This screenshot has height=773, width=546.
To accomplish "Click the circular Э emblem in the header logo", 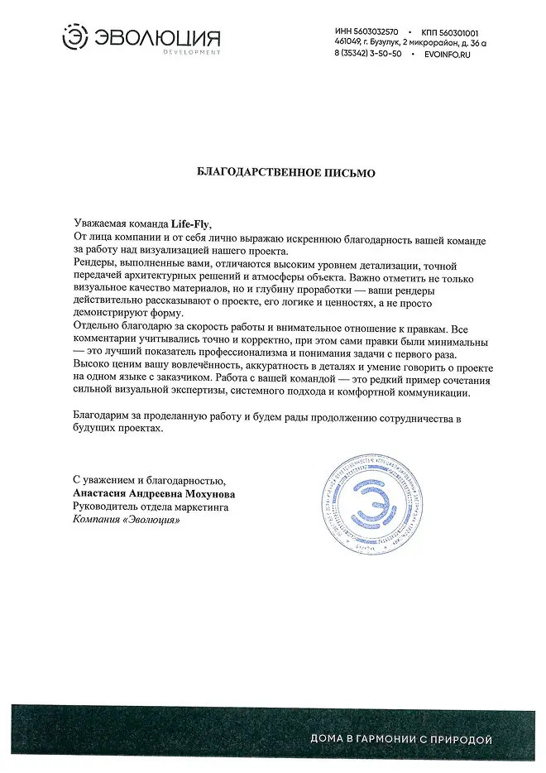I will [77, 38].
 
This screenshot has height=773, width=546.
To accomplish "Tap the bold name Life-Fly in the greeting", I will [190, 223].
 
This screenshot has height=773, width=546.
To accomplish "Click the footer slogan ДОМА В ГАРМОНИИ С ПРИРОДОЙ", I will [401, 738].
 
